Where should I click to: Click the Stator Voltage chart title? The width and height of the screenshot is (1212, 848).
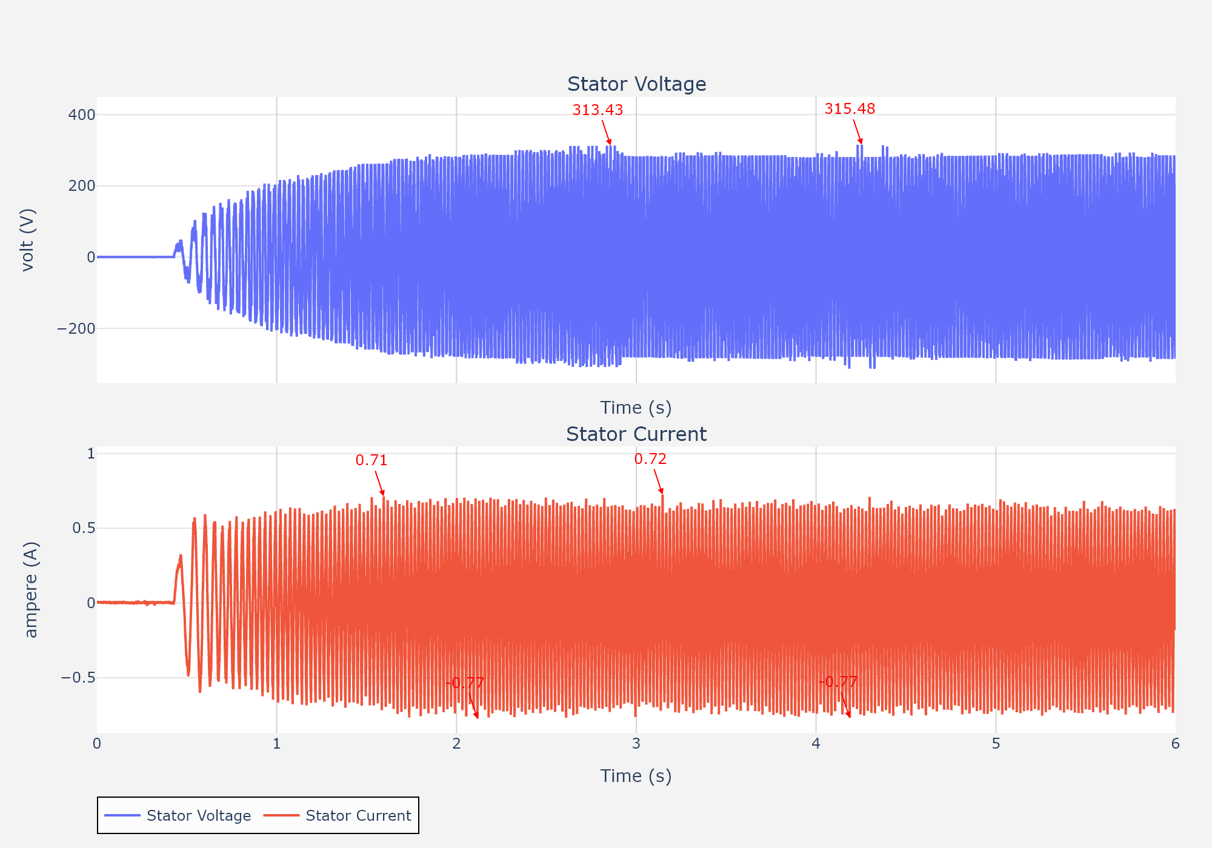(636, 84)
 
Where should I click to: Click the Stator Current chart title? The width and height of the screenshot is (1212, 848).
(636, 434)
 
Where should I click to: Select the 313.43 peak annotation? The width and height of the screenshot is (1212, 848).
(598, 110)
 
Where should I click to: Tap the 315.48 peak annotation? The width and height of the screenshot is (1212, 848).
(850, 108)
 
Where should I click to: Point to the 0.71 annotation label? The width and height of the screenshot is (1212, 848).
(371, 460)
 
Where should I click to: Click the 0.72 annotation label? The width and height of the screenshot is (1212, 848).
(650, 459)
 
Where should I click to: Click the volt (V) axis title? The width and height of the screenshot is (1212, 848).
(28, 240)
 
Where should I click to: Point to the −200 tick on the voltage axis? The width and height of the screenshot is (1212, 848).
(76, 329)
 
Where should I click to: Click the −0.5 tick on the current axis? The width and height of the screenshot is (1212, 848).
(78, 677)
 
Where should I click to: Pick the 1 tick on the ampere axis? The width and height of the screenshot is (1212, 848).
(91, 454)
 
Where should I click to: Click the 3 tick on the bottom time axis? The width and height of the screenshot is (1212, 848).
(636, 744)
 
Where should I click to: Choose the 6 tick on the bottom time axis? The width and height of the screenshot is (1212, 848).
(1175, 744)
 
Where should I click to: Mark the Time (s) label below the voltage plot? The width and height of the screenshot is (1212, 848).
(636, 408)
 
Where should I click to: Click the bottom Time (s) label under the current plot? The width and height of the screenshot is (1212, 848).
(636, 776)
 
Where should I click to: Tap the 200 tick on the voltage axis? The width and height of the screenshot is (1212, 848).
(82, 186)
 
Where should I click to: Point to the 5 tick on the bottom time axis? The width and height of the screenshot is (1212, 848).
(996, 744)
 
